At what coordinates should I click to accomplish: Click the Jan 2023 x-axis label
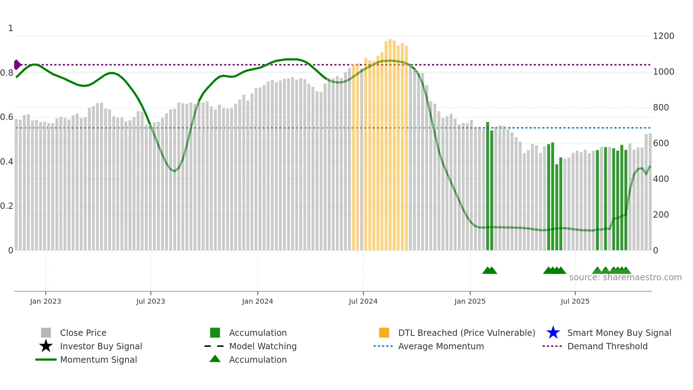point(46,301)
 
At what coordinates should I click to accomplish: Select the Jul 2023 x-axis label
point(151,301)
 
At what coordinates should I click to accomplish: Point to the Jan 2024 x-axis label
point(257,301)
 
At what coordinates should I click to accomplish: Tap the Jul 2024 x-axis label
point(363,301)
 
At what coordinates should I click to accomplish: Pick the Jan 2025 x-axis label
point(470,301)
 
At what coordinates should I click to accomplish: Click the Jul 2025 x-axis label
point(575,301)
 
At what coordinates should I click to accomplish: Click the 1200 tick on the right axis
point(663,36)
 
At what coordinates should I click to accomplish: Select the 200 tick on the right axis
point(661,215)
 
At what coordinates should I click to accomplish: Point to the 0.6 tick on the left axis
point(7,117)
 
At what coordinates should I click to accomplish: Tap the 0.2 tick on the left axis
point(7,206)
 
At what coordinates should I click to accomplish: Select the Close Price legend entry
point(83,333)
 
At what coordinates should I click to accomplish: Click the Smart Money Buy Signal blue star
point(553,333)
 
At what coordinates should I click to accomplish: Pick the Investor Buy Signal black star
point(46,346)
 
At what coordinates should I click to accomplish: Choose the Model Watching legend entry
point(263,346)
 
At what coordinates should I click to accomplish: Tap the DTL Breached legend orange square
point(384,333)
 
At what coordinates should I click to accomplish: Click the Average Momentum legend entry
point(441,346)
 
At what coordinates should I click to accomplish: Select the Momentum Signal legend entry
point(98,360)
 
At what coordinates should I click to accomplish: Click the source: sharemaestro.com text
point(625,277)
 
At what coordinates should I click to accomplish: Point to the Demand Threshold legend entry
point(607,346)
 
